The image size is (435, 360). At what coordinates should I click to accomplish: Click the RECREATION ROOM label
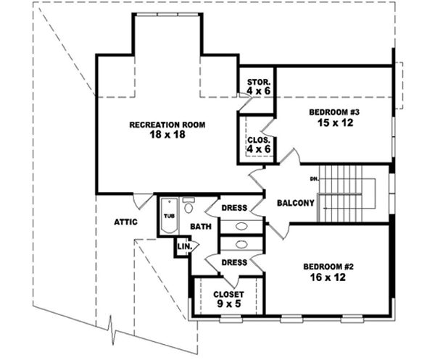pos(167,125)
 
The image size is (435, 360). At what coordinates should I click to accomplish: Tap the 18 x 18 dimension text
pos(167,135)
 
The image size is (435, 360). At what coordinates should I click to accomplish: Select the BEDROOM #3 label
pos(334,112)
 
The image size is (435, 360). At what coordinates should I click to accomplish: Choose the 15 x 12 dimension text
pos(334,123)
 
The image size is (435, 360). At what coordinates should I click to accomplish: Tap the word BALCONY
pos(295,203)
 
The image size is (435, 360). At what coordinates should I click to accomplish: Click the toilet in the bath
pos(188,207)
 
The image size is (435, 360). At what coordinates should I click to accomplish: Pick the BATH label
pos(200,227)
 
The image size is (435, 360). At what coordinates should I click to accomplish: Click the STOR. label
pos(258,82)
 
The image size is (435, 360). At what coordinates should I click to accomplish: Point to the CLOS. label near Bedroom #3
pos(258,139)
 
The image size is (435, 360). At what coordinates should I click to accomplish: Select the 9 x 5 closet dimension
pos(228,305)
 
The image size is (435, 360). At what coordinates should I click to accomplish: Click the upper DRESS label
pos(235,208)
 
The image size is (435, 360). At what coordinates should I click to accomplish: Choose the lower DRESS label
pos(234,262)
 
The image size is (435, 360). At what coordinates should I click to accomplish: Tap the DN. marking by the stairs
pos(314,177)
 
